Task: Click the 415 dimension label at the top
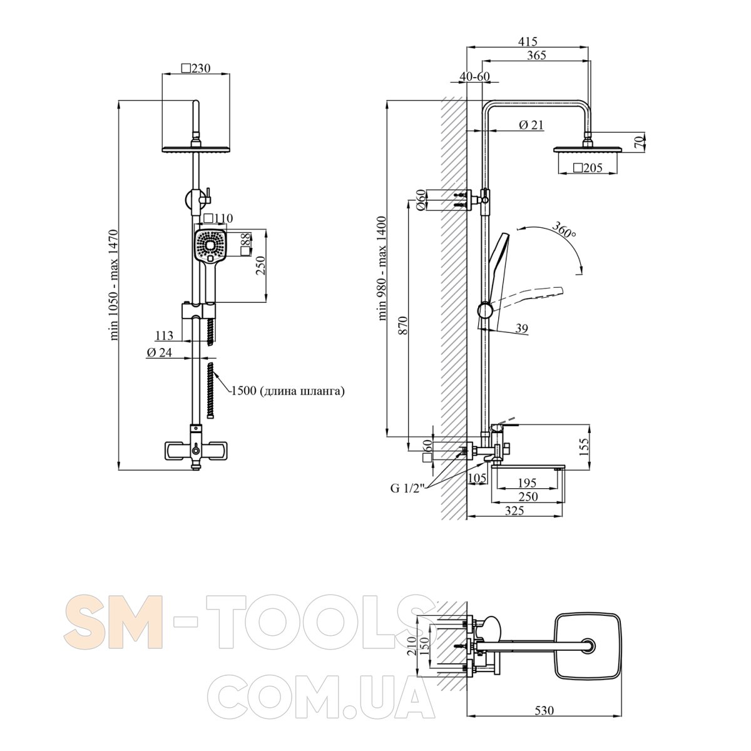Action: [x=528, y=41]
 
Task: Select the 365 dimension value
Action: [x=536, y=55]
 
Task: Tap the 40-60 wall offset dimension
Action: [x=474, y=76]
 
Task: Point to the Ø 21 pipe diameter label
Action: [x=531, y=125]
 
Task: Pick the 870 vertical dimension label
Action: [x=403, y=325]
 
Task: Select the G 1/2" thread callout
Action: [x=407, y=488]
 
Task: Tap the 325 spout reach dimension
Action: [x=514, y=511]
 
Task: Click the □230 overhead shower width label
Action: [x=196, y=68]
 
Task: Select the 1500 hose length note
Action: [x=288, y=391]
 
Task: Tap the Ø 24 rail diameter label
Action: [x=160, y=352]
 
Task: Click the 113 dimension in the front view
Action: [x=164, y=335]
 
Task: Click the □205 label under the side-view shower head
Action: [x=588, y=168]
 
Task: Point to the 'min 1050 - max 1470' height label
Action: [x=114, y=285]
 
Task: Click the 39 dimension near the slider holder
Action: [x=522, y=329]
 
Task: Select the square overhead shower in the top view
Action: [x=587, y=652]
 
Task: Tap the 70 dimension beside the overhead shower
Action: [x=638, y=142]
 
